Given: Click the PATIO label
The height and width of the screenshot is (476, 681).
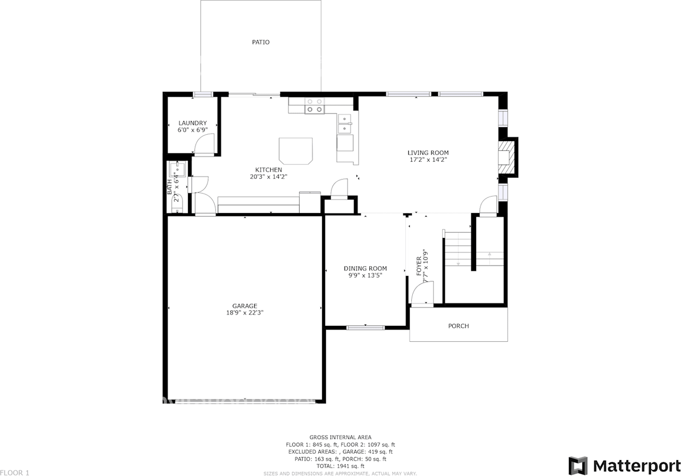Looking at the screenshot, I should point(261,42).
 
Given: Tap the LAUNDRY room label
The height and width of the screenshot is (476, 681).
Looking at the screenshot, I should point(192,123).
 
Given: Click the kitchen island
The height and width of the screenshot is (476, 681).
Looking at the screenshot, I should point(296,150).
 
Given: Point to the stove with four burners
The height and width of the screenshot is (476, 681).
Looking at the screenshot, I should point(314,105).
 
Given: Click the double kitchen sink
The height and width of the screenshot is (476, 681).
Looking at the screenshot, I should point(345,124).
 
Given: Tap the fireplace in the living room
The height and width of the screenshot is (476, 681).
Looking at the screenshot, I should point(507,157).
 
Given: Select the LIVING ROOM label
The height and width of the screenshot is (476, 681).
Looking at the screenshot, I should point(428,153).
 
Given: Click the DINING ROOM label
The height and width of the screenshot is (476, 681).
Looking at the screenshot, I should point(365,268).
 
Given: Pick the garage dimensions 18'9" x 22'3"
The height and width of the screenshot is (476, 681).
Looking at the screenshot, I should point(245,313).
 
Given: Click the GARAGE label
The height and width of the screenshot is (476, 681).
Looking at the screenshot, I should point(245,306).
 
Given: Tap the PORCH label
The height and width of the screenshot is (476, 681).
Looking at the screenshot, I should point(458,326).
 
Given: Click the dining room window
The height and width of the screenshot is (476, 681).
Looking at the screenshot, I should point(366,327).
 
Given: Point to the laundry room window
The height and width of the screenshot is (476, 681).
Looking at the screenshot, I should point(203,94).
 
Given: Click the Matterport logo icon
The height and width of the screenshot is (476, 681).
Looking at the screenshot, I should point(578,465).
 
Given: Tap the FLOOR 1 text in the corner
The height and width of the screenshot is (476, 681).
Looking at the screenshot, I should point(15,472).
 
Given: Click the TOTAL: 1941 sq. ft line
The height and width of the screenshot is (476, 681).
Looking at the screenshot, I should point(340,466).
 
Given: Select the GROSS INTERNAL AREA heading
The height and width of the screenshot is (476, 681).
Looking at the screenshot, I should point(340,437).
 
